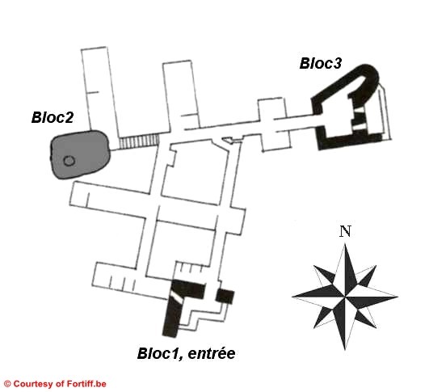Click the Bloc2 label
53,117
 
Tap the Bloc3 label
321,63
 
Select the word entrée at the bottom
211,353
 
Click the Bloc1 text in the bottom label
159,353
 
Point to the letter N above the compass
345,231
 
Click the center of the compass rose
345,296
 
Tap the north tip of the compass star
345,244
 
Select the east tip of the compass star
397,296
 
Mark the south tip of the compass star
345,350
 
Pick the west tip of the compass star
292,297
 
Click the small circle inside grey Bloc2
69,161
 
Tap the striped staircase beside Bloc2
140,141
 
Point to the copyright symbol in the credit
7,384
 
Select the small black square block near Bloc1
225,297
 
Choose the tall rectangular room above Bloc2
99,91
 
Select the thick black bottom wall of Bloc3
350,141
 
